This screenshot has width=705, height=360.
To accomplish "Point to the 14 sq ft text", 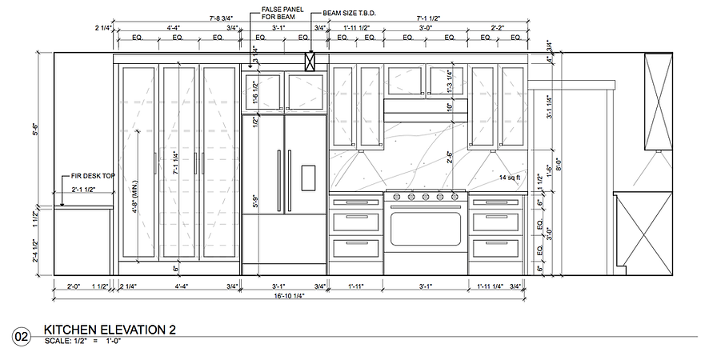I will tap(510, 177).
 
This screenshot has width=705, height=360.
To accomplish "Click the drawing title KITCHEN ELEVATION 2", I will tap(109, 330).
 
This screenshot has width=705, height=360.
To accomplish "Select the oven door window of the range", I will tap(426, 228).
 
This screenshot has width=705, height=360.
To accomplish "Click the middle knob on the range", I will tap(426, 196).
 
